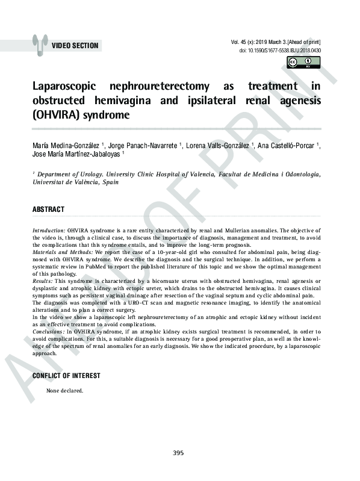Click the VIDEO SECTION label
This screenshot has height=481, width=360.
click(x=75, y=46)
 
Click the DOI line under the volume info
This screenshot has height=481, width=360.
click(x=280, y=51)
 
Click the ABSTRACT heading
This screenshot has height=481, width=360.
click(x=48, y=209)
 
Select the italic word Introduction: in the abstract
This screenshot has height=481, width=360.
click(x=49, y=231)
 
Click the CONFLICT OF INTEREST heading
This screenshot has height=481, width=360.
click(x=66, y=376)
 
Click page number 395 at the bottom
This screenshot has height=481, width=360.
click(x=178, y=453)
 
